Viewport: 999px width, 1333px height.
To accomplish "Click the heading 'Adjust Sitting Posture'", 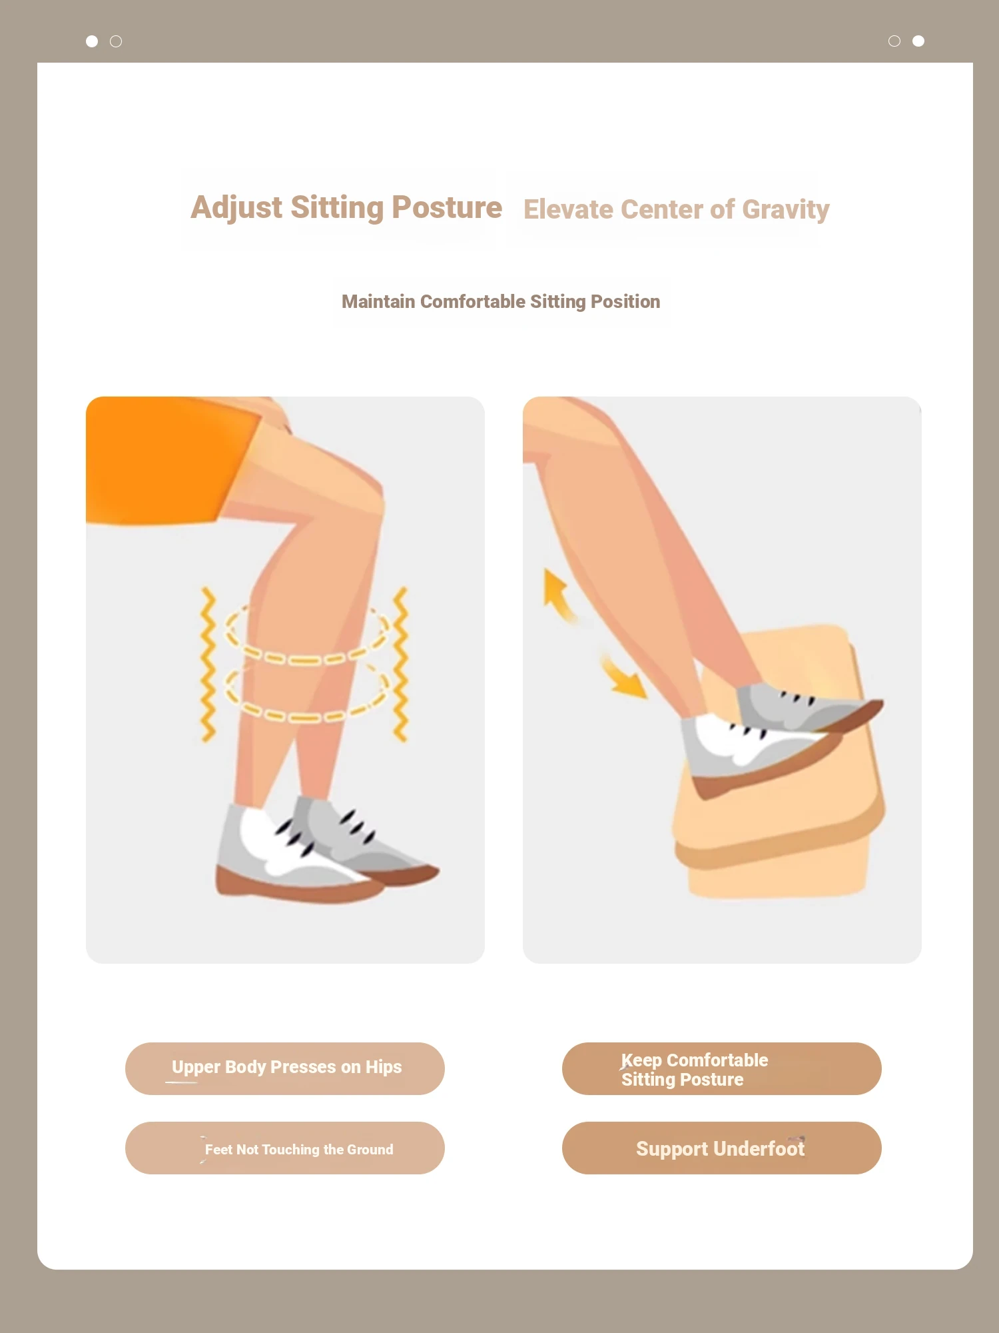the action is pos(346,208).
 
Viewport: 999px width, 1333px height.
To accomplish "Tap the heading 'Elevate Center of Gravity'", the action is pos(676,210).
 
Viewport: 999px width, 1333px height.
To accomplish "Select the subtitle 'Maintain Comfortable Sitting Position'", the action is pos(501,302).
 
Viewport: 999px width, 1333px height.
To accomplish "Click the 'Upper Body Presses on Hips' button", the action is pos(285,1068).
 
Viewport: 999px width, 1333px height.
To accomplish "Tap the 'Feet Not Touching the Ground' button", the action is pos(285,1148).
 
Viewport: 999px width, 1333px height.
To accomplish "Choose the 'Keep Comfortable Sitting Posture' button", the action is pos(722,1068).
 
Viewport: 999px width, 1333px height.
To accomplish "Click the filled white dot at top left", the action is pos(92,41).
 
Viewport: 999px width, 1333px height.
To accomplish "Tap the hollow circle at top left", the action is pos(116,41).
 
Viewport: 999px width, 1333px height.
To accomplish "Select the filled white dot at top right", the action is pos(918,41).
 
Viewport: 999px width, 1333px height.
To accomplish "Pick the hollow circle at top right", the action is pos(894,41).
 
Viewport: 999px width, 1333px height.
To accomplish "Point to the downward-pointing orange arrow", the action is pos(625,678).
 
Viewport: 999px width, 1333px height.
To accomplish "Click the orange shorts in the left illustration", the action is pos(166,460).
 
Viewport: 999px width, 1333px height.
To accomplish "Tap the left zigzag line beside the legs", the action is pos(208,665).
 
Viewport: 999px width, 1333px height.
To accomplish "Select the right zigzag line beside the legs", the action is pos(400,665).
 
